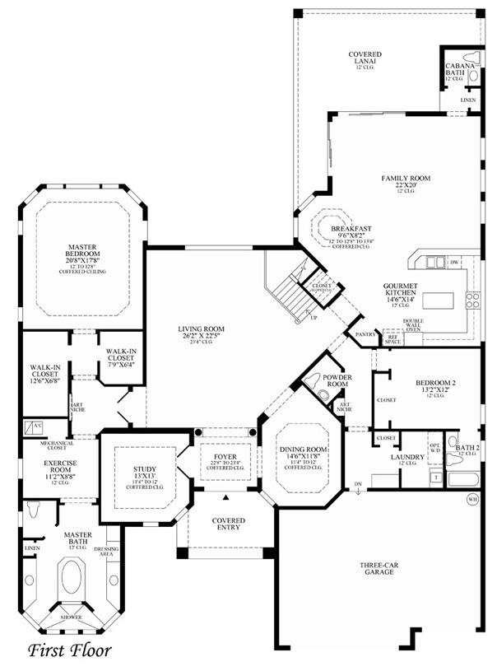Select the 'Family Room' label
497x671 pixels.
click(406, 178)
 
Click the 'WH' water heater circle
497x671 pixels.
click(471, 498)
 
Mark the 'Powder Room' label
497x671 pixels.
click(337, 380)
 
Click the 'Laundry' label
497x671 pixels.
click(406, 457)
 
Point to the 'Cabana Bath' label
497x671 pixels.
click(457, 69)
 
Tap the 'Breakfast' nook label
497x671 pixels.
click(352, 228)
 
